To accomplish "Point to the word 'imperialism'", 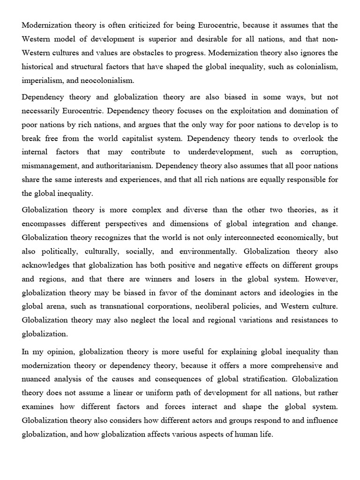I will point(41,80).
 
